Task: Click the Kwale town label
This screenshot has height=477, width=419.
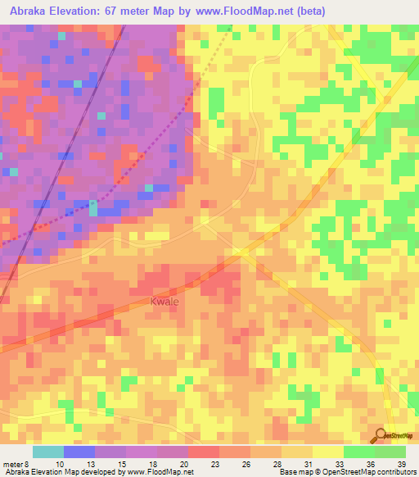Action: point(164,302)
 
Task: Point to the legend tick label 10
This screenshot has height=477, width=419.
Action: point(59,466)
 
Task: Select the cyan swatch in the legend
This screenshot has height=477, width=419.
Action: point(48,452)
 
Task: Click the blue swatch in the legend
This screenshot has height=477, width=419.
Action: point(79,452)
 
